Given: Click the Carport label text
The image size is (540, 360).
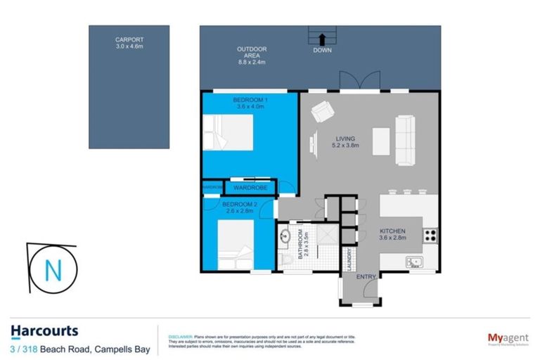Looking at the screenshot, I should click(x=129, y=42).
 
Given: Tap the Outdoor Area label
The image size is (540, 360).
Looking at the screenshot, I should click(x=250, y=54).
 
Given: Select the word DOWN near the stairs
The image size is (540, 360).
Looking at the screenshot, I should click(x=323, y=51).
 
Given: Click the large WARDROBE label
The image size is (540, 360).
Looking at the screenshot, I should click(x=248, y=188).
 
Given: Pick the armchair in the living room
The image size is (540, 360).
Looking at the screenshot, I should click(x=323, y=112).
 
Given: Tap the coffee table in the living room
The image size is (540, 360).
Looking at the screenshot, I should click(x=380, y=140).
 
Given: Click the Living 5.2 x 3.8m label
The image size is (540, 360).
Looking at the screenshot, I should click(x=345, y=142).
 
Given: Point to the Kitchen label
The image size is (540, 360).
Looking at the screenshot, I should click(x=394, y=235).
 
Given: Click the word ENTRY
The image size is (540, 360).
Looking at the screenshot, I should click(x=366, y=277).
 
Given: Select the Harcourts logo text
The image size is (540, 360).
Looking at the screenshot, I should click(x=44, y=330).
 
